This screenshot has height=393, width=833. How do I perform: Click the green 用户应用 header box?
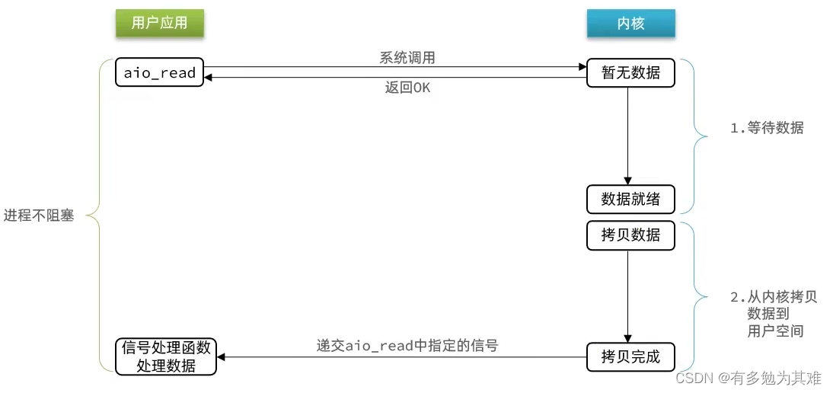pyautogui.click(x=159, y=24)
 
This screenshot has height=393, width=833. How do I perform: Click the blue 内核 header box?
pyautogui.click(x=630, y=24)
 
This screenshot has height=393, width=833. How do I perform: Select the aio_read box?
pyautogui.click(x=160, y=73)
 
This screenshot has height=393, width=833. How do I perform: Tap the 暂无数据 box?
pyautogui.click(x=630, y=73)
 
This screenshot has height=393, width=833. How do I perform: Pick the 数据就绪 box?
pyautogui.click(x=630, y=200)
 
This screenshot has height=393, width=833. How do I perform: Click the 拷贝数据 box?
pyautogui.click(x=630, y=235)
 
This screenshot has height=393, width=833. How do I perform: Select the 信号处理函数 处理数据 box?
pyautogui.click(x=165, y=356)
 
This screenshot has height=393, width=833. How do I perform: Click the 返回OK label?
pyautogui.click(x=407, y=88)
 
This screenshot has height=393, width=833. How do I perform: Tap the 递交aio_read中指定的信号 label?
pyautogui.click(x=407, y=345)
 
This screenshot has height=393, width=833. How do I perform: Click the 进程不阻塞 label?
pyautogui.click(x=39, y=216)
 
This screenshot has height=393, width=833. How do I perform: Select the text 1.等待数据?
pyautogui.click(x=767, y=128)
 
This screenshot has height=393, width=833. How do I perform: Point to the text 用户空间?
pyautogui.click(x=776, y=331)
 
